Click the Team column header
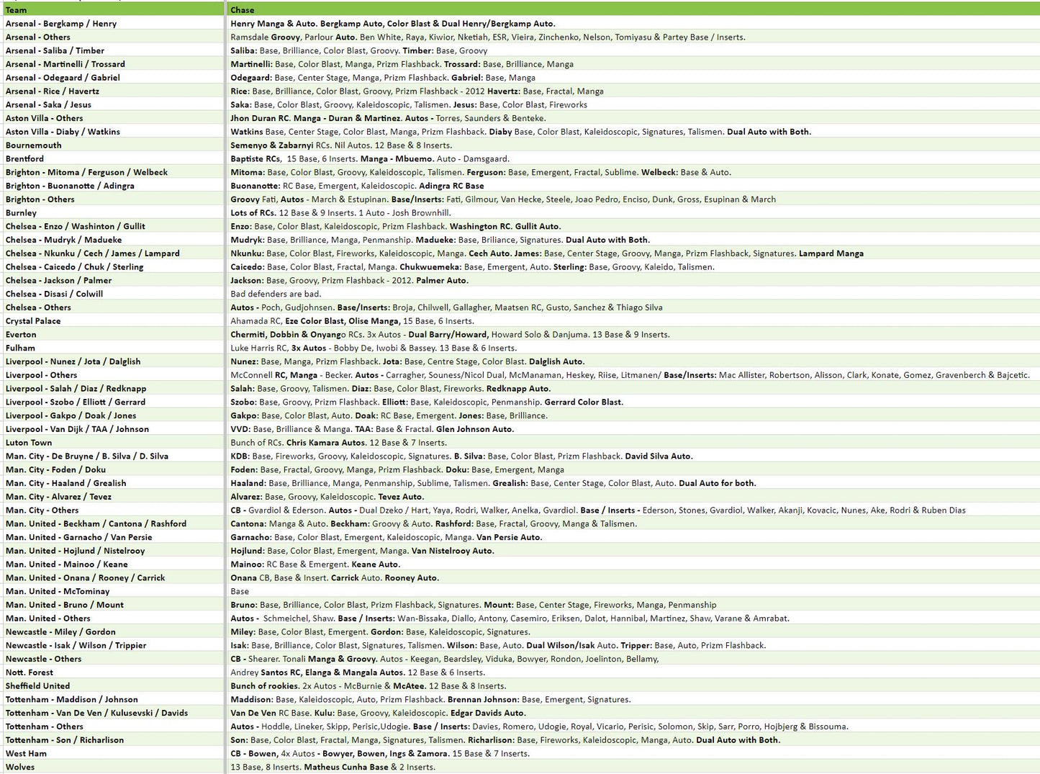pos(17,10)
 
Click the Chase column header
pos(243,10)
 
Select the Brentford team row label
pos(25,159)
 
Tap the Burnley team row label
pos(22,213)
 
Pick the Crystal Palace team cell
pos(33,321)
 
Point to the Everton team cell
pos(21,335)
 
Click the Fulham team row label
pos(20,348)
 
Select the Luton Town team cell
pos(29,443)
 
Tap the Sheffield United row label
pos(38,686)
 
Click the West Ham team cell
pos(26,754)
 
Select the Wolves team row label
pos(20,768)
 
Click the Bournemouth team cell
pos(34,145)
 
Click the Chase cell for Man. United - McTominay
pos(240,592)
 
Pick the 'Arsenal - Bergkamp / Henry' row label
pos(61,24)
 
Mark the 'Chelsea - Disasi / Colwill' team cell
pos(55,294)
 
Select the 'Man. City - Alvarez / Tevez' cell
pos(58,497)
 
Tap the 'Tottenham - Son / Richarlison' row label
pos(65,740)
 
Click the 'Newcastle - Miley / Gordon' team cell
pos(60,632)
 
